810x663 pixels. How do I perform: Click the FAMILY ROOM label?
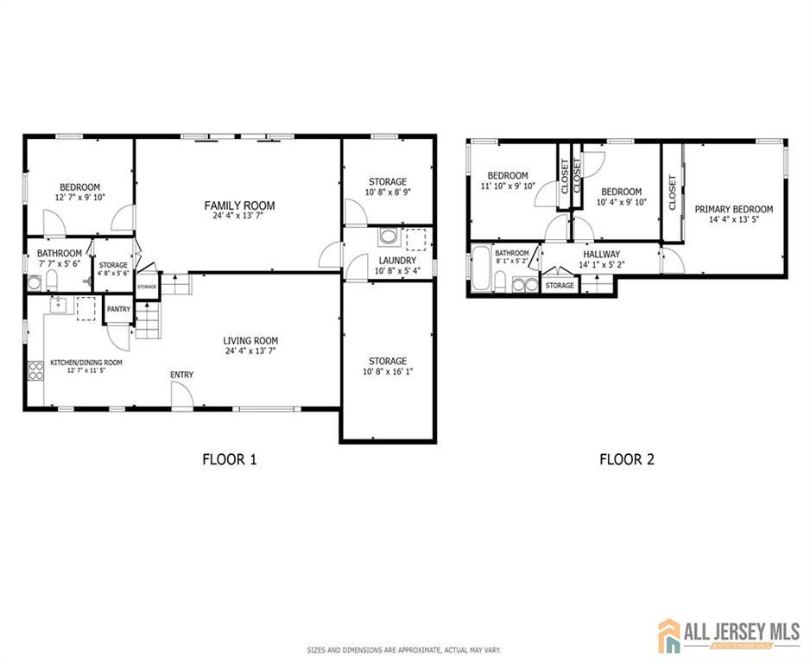pos(239,205)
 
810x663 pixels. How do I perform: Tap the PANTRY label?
pos(117,309)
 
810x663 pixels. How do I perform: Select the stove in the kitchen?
pos(36,371)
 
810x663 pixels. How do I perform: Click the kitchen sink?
pos(58,304)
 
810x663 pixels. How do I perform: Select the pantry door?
pos(121,337)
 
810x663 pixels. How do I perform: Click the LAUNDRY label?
pos(396,260)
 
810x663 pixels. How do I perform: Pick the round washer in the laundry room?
pos(389,237)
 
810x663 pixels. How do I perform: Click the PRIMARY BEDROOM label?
pos(733,209)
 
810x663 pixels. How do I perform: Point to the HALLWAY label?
pos(601,254)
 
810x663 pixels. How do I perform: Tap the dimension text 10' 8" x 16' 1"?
pos(387,373)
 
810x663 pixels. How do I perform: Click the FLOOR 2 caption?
pos(626,459)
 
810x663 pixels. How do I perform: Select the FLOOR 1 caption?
pos(229,459)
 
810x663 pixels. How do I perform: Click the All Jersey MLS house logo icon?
pos(669,635)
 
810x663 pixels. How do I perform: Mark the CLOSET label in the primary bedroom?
pos(673,193)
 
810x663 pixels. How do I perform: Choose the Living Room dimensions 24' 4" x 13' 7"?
pos(250,352)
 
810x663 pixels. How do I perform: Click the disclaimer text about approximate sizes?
pos(404,649)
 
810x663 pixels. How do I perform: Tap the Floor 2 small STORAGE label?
pos(560,286)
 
